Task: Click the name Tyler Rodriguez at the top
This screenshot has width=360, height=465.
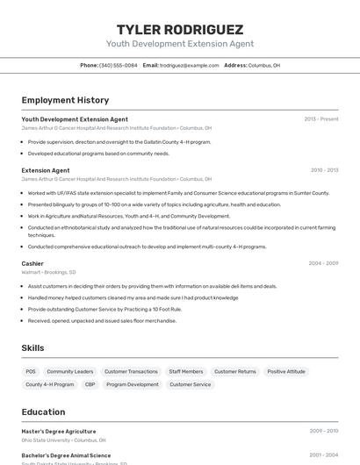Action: click(x=180, y=29)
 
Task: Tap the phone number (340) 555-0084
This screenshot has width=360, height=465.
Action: click(x=119, y=65)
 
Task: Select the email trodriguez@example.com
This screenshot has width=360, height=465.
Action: click(x=190, y=65)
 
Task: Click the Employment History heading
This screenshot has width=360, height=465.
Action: click(x=65, y=100)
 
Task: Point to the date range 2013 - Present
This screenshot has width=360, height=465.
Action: click(x=320, y=119)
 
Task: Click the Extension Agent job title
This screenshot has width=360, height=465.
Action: click(x=46, y=170)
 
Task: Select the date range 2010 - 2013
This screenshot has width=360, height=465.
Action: click(x=324, y=170)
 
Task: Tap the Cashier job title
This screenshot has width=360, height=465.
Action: click(x=32, y=263)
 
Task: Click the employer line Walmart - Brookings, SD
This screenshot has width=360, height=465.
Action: click(x=48, y=272)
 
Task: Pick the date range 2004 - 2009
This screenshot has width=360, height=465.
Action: click(x=323, y=263)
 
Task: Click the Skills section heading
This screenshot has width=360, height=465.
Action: click(x=32, y=348)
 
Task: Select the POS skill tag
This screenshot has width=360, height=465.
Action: click(x=31, y=371)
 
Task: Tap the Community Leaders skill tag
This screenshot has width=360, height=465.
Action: click(x=70, y=371)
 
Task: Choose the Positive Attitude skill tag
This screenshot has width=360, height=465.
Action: click(x=286, y=371)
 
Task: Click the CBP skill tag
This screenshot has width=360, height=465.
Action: click(x=90, y=384)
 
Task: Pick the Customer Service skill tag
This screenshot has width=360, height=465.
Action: click(x=191, y=384)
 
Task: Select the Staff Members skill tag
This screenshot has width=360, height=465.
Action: click(x=186, y=371)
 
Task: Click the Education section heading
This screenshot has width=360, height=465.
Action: click(x=43, y=411)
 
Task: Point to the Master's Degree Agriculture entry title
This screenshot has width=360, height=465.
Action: click(x=59, y=432)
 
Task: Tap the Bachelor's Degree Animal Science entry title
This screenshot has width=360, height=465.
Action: click(x=66, y=455)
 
